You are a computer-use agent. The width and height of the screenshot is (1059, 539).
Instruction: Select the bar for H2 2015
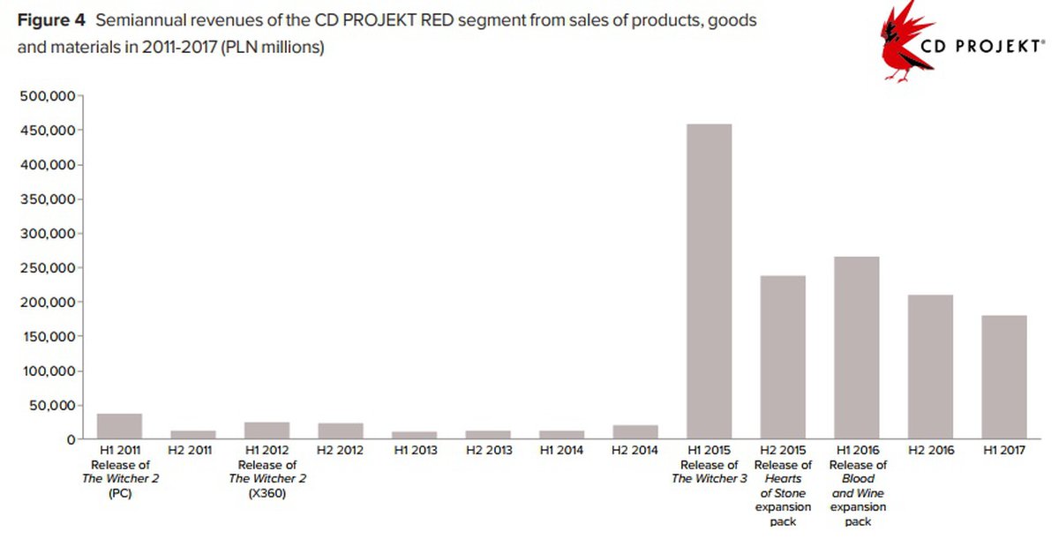click(782, 357)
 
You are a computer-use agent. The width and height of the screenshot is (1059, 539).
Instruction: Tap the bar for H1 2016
click(856, 348)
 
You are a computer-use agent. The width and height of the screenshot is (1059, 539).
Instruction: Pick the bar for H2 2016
click(930, 367)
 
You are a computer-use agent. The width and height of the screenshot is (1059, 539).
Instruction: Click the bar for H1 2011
click(119, 426)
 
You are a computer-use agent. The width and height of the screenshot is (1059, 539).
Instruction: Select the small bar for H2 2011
click(192, 434)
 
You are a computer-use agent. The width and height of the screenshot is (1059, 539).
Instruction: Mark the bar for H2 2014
click(635, 431)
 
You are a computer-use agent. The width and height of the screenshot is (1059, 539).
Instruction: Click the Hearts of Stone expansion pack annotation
click(782, 493)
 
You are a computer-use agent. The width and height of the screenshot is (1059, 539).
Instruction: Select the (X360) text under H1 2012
click(266, 493)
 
